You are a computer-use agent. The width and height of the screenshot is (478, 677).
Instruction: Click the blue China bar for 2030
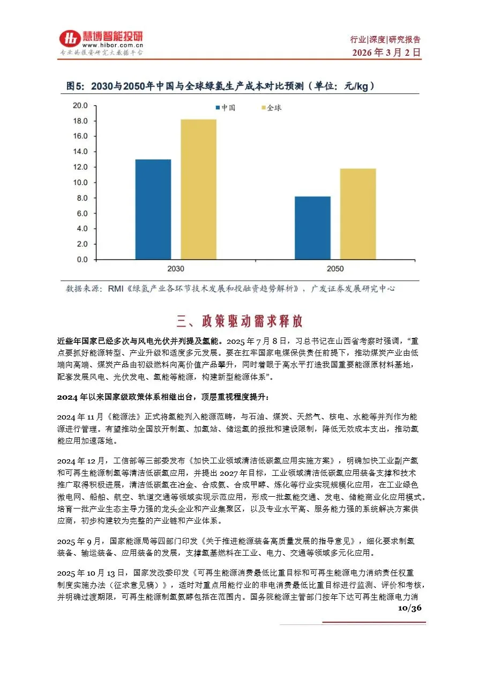(x=153, y=209)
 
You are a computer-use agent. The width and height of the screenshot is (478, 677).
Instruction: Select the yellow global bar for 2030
(x=198, y=189)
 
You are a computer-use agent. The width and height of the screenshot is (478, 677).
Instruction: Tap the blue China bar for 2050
(x=312, y=228)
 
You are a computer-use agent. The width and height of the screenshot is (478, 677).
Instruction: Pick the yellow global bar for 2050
(x=357, y=214)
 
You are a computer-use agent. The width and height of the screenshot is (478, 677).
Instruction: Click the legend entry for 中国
(x=226, y=108)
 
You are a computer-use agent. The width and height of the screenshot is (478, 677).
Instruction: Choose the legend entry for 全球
(x=270, y=108)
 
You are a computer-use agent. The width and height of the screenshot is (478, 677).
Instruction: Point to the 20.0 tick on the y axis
(x=80, y=106)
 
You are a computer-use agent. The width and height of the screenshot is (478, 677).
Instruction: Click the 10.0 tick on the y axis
(x=80, y=182)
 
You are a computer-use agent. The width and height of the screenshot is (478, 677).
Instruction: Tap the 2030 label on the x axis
(x=175, y=268)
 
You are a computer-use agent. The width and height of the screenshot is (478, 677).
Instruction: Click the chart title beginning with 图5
(x=220, y=86)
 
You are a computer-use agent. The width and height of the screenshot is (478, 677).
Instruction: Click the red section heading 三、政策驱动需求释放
(x=239, y=321)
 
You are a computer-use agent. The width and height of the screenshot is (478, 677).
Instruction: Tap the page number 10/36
(x=410, y=608)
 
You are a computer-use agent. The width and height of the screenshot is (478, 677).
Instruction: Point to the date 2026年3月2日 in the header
(x=386, y=53)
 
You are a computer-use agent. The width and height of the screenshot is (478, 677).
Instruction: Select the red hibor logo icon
(x=69, y=39)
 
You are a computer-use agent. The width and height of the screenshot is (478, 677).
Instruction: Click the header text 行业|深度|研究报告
(x=385, y=40)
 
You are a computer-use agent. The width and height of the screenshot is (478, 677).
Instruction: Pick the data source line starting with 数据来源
(x=230, y=289)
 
